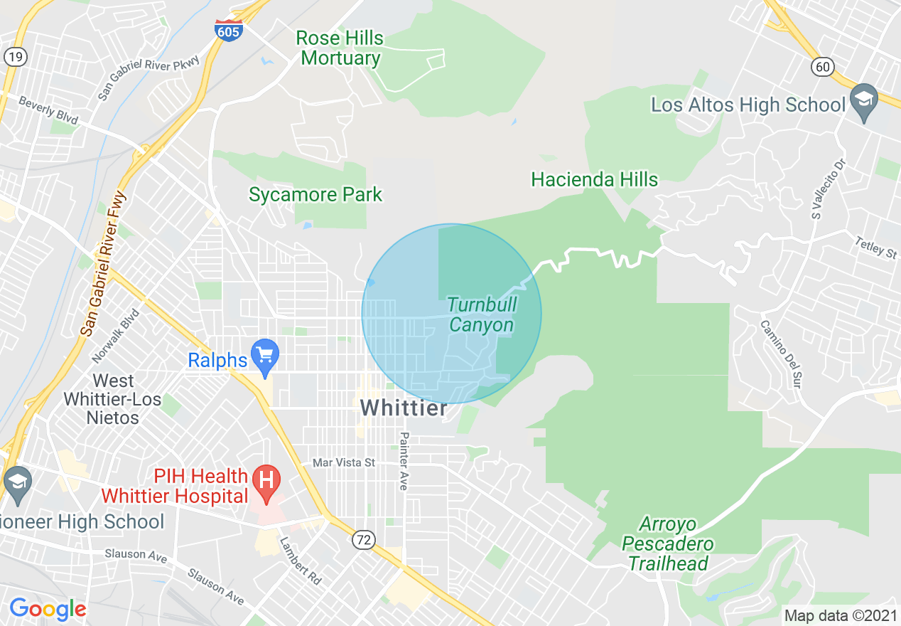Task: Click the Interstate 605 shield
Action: click(x=228, y=31)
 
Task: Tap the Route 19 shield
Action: click(x=15, y=57)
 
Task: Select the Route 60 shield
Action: click(x=822, y=67)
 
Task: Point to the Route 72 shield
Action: click(x=363, y=541)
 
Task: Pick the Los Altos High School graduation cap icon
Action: click(x=864, y=101)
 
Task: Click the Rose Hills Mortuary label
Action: click(x=340, y=48)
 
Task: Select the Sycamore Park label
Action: click(x=315, y=194)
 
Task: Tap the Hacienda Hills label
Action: click(x=595, y=179)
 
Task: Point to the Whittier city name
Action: click(x=404, y=408)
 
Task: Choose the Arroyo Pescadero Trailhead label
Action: click(x=667, y=544)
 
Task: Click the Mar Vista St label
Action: click(x=344, y=463)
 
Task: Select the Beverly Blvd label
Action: click(x=48, y=110)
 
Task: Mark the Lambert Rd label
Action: click(x=300, y=561)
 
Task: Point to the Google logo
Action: click(x=48, y=609)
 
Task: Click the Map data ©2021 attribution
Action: click(x=838, y=615)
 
